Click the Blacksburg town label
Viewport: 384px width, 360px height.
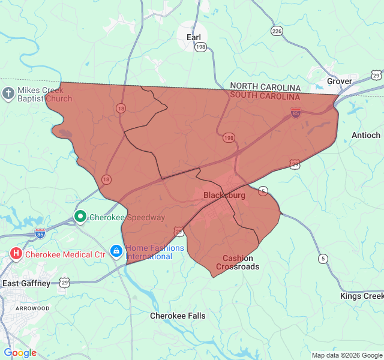click(224, 196)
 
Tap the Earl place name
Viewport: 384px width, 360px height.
click(194, 37)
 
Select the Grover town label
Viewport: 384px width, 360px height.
click(340, 81)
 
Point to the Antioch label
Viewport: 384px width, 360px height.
click(365, 135)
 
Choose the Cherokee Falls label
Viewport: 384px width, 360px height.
click(178, 316)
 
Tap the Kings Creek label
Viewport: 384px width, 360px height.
click(361, 296)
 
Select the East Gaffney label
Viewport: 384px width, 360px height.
click(26, 283)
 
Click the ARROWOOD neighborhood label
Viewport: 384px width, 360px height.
click(33, 308)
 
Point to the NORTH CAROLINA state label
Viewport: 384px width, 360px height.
click(265, 87)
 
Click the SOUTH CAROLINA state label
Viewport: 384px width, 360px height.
click(265, 96)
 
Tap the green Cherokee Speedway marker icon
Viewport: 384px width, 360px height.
click(80, 217)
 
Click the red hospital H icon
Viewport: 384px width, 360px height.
click(16, 254)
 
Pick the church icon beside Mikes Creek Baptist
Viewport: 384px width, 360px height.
click(8, 93)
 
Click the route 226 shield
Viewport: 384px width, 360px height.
click(277, 31)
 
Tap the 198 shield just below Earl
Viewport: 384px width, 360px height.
click(200, 47)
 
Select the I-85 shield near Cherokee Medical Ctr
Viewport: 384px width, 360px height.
click(40, 232)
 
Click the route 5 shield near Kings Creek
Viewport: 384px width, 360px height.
click(323, 259)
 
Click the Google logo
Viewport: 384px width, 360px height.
click(20, 353)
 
